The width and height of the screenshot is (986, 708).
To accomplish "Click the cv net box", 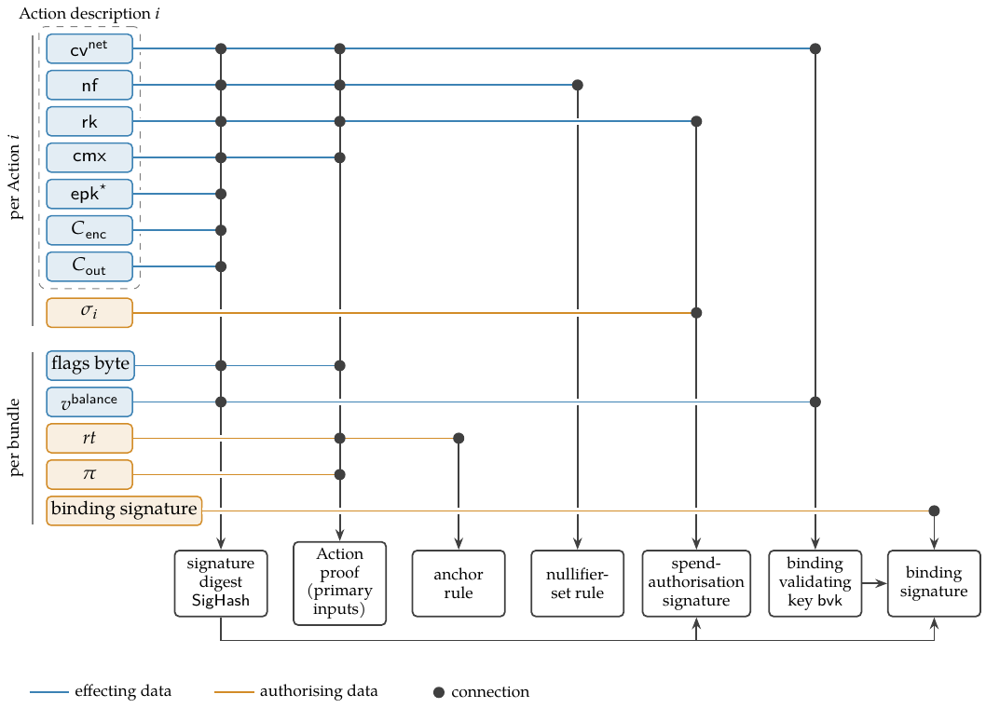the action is coord(89,49).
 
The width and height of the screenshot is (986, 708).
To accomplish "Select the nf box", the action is coord(89,85).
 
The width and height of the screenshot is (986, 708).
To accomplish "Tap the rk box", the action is coord(89,121).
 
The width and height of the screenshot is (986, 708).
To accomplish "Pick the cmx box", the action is coord(89,157).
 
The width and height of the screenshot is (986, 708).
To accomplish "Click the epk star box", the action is coord(89,194).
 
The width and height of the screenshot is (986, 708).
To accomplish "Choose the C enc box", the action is coord(89,230).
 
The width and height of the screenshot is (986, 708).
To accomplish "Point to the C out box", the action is coord(89,266).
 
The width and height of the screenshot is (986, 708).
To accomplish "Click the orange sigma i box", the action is coord(89,312).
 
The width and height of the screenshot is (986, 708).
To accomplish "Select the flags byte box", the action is coord(90,365).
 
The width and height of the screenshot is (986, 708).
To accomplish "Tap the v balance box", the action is coord(89,402).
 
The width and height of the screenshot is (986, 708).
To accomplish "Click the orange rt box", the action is coord(89,438).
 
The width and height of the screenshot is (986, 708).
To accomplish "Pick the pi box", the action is coord(89,475).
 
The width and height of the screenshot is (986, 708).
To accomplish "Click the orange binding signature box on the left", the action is coord(124,511).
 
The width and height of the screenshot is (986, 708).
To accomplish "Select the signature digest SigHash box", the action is coord(221,583).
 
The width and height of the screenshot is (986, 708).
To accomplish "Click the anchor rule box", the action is coord(459,583).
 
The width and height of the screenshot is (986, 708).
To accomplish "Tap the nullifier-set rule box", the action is coord(577,583).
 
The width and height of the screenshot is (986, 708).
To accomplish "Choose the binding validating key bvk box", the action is coord(815,583).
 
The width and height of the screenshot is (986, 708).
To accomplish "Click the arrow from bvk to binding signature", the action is coord(875,583).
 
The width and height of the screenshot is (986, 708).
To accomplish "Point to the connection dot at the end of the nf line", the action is coord(577,85).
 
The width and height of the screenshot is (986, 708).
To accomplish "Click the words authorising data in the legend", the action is coord(319,691).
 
